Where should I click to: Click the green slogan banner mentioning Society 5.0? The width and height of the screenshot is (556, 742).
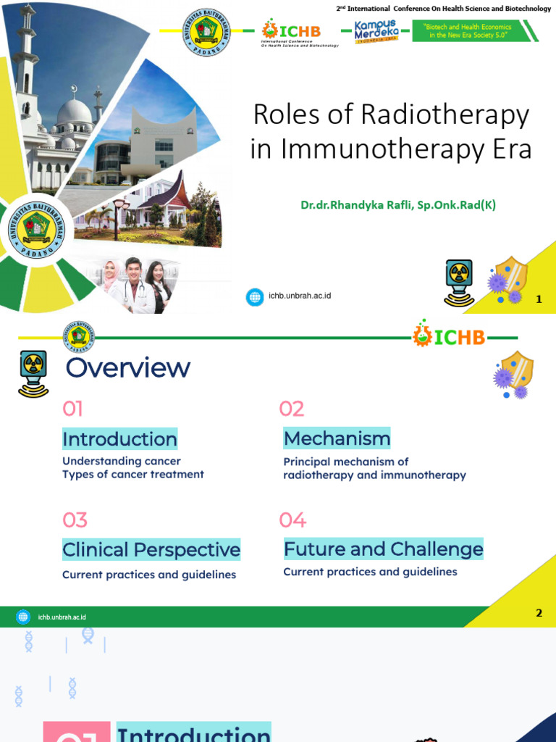(x=471, y=31)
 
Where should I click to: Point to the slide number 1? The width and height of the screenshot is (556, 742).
(x=539, y=299)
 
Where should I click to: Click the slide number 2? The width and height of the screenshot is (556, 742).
(x=539, y=613)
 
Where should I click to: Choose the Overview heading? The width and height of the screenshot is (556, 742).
(x=128, y=368)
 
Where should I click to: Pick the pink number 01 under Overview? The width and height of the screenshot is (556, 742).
(x=72, y=409)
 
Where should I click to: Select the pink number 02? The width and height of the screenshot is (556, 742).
(x=292, y=409)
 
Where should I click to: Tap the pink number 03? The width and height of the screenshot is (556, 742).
(x=75, y=520)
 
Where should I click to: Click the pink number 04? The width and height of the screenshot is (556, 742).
(x=293, y=520)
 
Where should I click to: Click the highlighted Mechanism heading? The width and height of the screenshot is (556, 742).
(x=337, y=438)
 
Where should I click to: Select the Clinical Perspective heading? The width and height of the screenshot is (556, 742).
(x=151, y=550)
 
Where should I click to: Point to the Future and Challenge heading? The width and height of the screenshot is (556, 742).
(x=383, y=549)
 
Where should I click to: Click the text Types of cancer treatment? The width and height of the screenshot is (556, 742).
(x=133, y=475)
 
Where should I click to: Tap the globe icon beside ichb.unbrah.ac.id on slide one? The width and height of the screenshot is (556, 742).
(x=255, y=296)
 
